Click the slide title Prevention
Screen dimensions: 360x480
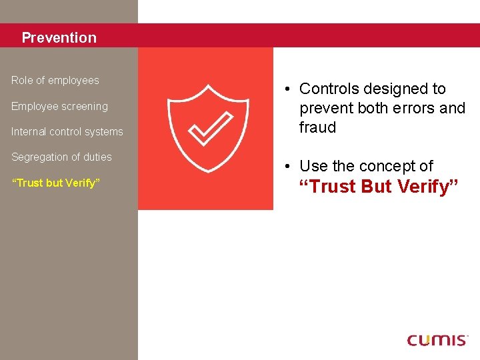(x=59, y=38)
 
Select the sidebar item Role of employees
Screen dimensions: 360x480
(x=55, y=81)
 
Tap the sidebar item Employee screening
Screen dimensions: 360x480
(x=59, y=107)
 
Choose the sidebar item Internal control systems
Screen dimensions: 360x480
(x=67, y=132)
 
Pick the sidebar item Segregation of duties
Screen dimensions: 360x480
(x=61, y=157)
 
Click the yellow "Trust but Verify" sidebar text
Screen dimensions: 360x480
(x=55, y=183)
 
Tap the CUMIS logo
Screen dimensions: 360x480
(x=437, y=340)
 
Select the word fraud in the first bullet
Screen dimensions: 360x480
(x=317, y=127)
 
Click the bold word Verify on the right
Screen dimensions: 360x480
(x=427, y=187)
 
